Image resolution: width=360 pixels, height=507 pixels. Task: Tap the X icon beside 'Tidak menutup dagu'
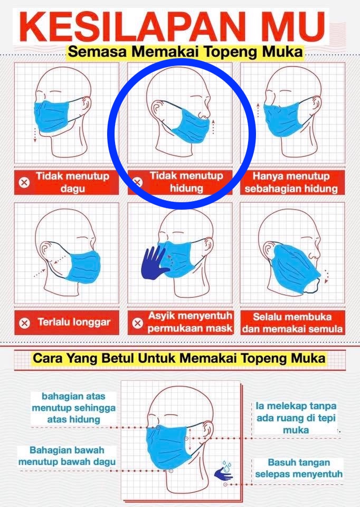click(x=24, y=183)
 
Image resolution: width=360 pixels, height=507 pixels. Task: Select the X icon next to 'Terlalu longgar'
click(x=25, y=323)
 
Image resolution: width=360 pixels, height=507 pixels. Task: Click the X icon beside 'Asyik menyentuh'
click(x=137, y=323)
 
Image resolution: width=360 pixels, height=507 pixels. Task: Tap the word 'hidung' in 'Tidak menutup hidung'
click(x=186, y=188)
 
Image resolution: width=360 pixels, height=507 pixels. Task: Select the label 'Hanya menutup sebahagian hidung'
click(x=291, y=182)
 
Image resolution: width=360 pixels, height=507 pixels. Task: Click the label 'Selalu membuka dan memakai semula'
click(x=292, y=322)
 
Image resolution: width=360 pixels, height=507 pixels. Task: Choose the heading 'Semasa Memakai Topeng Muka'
click(x=185, y=52)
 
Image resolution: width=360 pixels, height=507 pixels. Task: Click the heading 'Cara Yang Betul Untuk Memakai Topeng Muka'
click(x=179, y=358)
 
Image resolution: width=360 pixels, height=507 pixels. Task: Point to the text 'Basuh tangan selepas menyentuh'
click(x=299, y=468)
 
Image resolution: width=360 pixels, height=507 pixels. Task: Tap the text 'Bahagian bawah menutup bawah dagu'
click(x=67, y=456)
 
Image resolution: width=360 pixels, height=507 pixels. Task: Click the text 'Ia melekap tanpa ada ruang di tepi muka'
click(x=296, y=418)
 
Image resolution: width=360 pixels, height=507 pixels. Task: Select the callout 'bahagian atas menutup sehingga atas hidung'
click(x=74, y=408)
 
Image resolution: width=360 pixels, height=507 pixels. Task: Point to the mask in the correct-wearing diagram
click(x=167, y=447)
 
